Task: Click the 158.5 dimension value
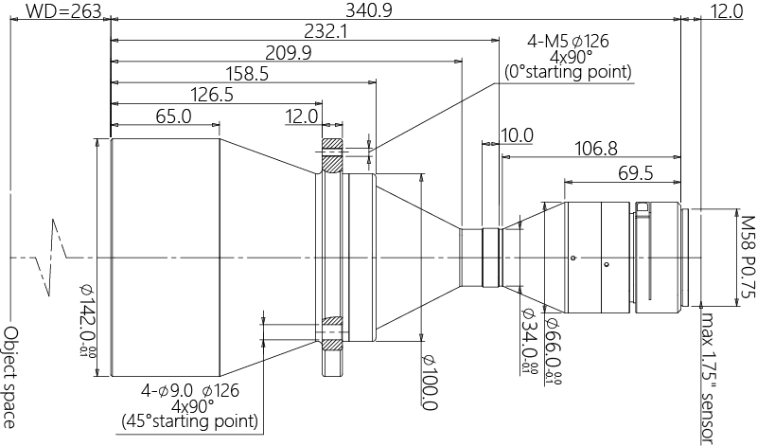point(248,74)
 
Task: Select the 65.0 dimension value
point(173,116)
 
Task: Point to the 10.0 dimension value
point(518,135)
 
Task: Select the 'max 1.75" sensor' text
point(705,374)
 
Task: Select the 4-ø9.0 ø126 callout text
point(189,389)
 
